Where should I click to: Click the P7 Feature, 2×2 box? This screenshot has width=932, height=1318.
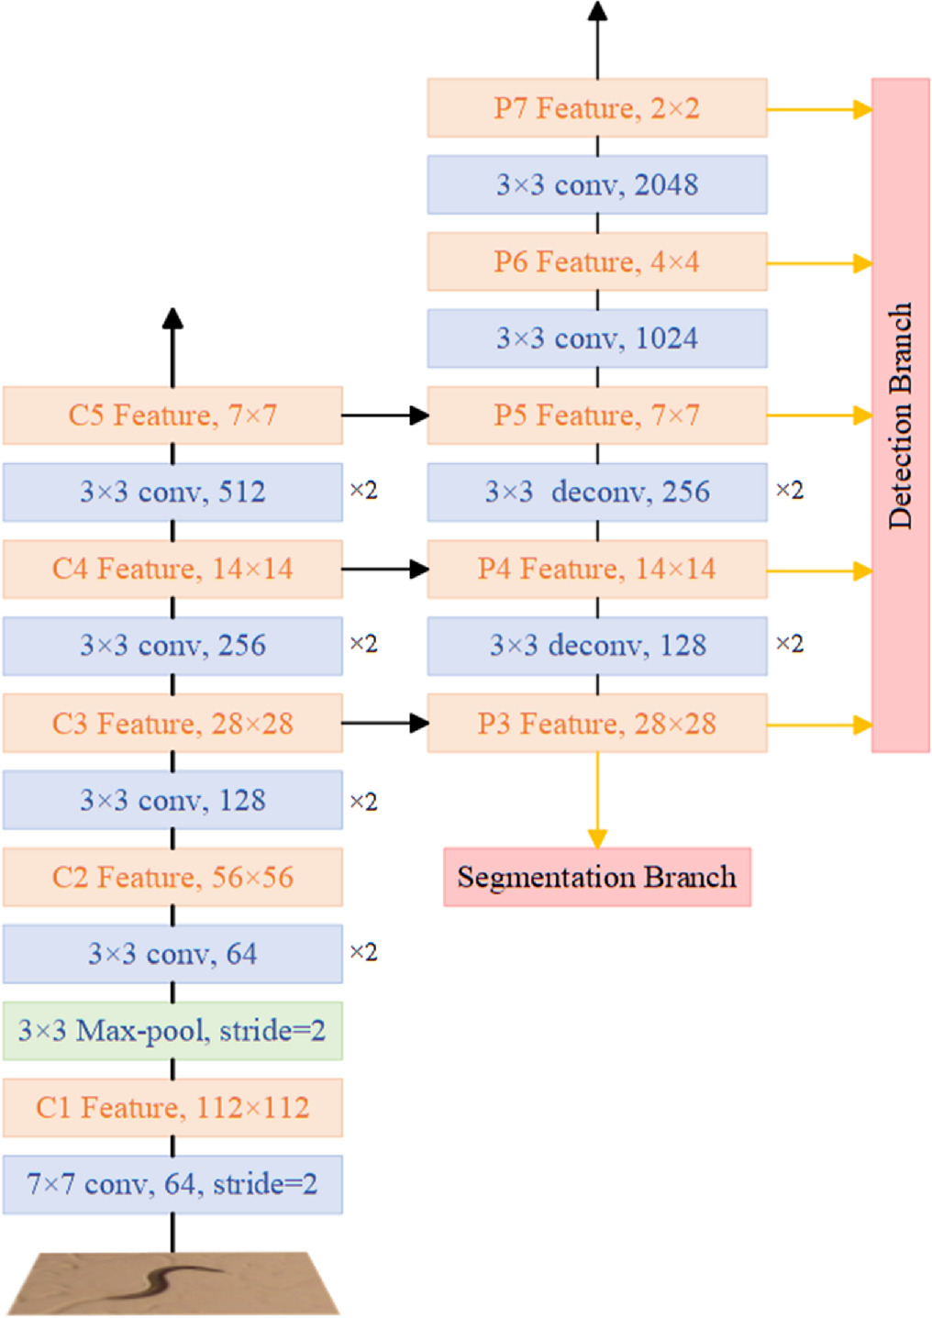coord(596,108)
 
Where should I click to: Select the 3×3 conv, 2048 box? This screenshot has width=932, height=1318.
coord(596,184)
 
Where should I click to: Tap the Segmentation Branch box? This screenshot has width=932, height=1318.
coord(596,877)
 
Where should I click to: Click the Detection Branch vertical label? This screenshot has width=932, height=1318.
coord(900,415)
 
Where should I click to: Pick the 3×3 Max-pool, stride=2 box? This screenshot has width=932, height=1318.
coord(172,1031)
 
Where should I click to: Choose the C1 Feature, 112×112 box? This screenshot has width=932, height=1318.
coord(172,1108)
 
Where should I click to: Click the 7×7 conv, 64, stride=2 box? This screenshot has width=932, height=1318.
coord(172,1185)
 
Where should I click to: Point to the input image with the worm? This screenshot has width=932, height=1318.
coord(172,1283)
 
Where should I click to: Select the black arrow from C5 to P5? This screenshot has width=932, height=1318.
coord(385,415)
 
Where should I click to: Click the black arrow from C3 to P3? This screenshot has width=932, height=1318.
coord(385,724)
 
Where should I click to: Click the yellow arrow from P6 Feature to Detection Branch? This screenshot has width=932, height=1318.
coord(819,263)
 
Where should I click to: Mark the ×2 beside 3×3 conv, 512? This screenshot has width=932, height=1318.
coord(363,491)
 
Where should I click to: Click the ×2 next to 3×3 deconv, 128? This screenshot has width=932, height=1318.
coord(789,644)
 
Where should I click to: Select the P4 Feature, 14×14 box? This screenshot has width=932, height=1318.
coord(596,570)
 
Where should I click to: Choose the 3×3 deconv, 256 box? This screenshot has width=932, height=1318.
coord(596,493)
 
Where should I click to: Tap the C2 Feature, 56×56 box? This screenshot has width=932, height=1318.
coord(172,877)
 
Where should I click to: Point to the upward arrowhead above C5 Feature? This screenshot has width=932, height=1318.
coord(172,319)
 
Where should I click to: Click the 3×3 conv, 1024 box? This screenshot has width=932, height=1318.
coord(596,338)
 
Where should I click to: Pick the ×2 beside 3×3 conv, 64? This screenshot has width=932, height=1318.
coord(363,952)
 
